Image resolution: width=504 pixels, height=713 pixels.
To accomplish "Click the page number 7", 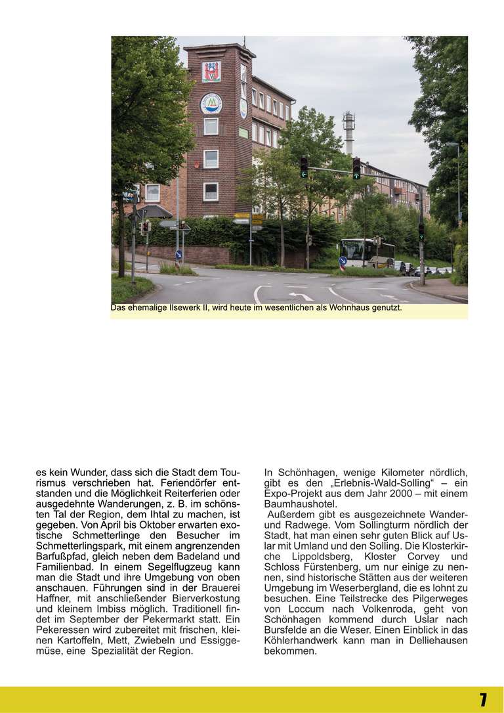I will (x=482, y=699).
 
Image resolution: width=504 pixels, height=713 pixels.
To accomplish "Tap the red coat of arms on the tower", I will (x=211, y=72).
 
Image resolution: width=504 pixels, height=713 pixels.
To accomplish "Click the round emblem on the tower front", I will (x=211, y=103).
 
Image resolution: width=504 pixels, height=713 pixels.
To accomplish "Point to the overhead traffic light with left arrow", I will (x=304, y=167).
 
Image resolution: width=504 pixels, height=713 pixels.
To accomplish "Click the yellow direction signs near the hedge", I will (x=257, y=219).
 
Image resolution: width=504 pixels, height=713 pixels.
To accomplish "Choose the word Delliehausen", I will (x=437, y=641).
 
